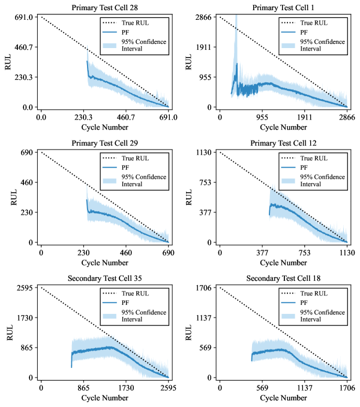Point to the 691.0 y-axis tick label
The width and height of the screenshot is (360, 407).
point(23,17)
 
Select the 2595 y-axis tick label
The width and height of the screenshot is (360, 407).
point(25,288)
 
